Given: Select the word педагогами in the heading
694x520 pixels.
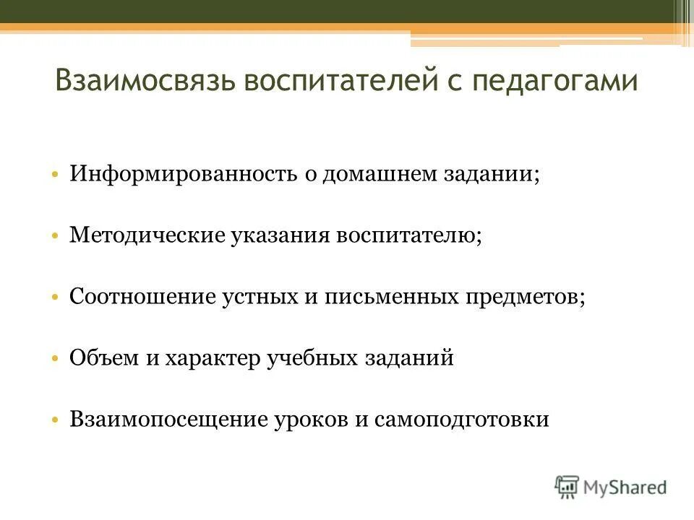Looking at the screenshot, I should tap(555, 80).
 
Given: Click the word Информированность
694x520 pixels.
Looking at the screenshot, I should tap(183, 175).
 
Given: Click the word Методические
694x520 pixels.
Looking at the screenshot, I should tap(147, 236).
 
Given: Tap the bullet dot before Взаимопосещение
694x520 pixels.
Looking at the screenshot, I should tap(56, 420).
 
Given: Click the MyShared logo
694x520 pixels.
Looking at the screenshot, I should tap(611, 487).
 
